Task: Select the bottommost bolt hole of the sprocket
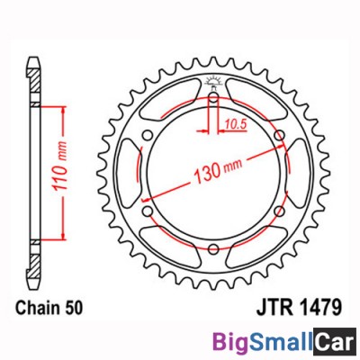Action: tap(213, 251)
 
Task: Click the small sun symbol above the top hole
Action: tap(213, 84)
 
